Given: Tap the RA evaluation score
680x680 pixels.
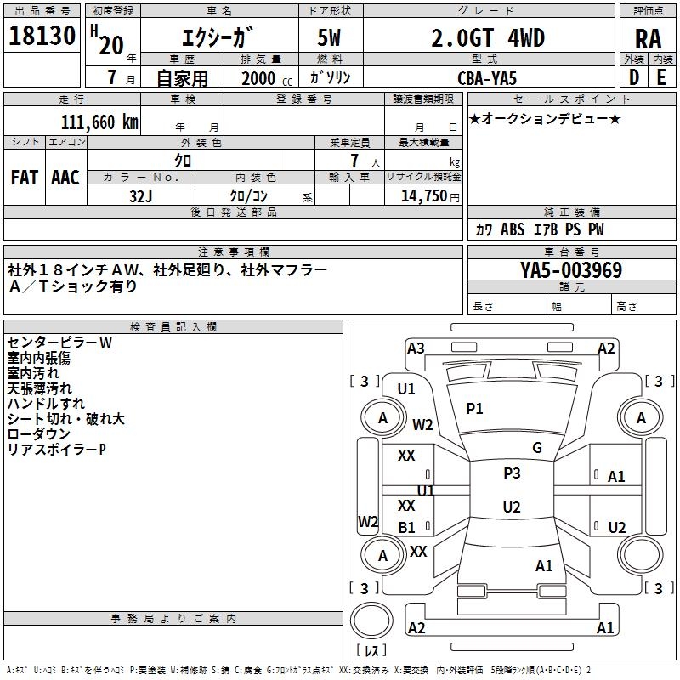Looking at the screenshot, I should tap(648, 39).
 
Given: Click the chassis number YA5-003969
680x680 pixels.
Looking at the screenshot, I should tap(571, 271).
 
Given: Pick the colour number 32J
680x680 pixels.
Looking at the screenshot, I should tap(140, 195).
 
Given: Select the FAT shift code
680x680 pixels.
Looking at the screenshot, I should tap(25, 178).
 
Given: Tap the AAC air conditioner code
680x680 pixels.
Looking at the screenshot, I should tap(65, 178).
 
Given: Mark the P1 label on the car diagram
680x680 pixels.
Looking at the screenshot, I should tap(474, 409).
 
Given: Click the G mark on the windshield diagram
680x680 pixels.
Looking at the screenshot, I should tap(537, 448).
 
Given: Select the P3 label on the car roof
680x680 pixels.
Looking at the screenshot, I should tap(512, 473).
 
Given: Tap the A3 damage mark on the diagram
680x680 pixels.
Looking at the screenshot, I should tap(416, 348).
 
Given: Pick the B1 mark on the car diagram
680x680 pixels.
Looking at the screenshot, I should tap(407, 528).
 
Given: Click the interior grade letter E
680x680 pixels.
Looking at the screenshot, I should tap(661, 77).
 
